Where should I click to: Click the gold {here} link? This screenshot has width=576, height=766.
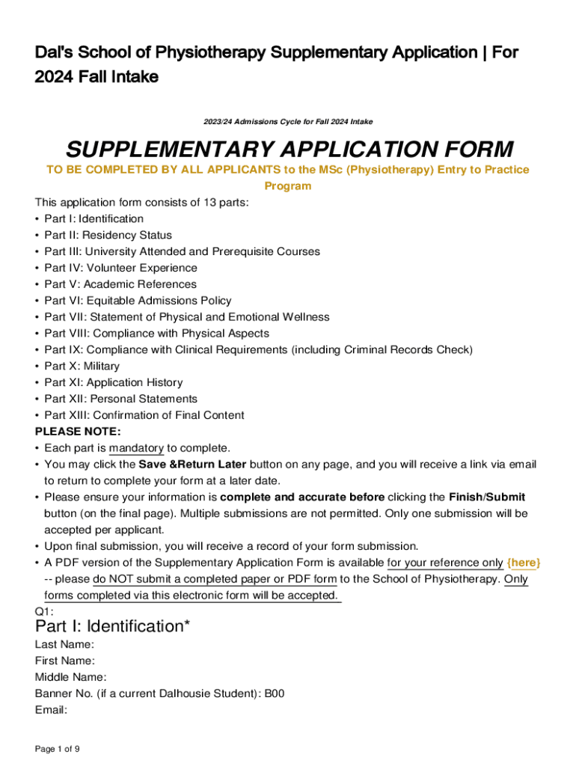click(x=524, y=563)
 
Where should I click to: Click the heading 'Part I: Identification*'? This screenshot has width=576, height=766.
click(x=112, y=626)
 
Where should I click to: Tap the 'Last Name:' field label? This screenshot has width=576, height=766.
click(x=64, y=644)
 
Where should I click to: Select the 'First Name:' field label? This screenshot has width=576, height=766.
click(x=65, y=661)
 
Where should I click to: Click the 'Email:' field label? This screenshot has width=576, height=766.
click(x=52, y=710)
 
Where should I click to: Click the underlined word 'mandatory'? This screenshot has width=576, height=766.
click(x=136, y=448)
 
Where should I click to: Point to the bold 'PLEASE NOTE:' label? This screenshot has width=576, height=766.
click(x=78, y=432)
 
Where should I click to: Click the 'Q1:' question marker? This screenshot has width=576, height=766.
click(x=44, y=611)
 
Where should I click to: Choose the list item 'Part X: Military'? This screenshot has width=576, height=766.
click(x=82, y=366)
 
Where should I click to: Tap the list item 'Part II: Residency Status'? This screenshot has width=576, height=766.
click(x=108, y=235)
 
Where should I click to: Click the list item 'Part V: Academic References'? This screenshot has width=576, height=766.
click(x=120, y=284)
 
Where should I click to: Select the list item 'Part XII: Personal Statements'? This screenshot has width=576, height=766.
click(x=120, y=399)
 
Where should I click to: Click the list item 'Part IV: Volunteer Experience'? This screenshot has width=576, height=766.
click(x=120, y=268)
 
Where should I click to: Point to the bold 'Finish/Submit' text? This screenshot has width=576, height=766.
click(x=487, y=497)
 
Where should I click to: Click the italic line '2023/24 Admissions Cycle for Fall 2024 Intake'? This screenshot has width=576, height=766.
click(x=288, y=121)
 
